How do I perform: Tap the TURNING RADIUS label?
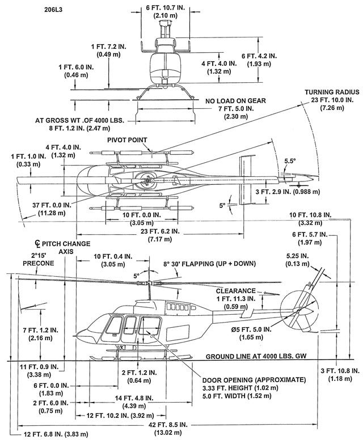click(x=328, y=92)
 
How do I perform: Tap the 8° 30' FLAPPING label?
click(x=209, y=264)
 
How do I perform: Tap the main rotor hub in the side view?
click(x=149, y=282)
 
